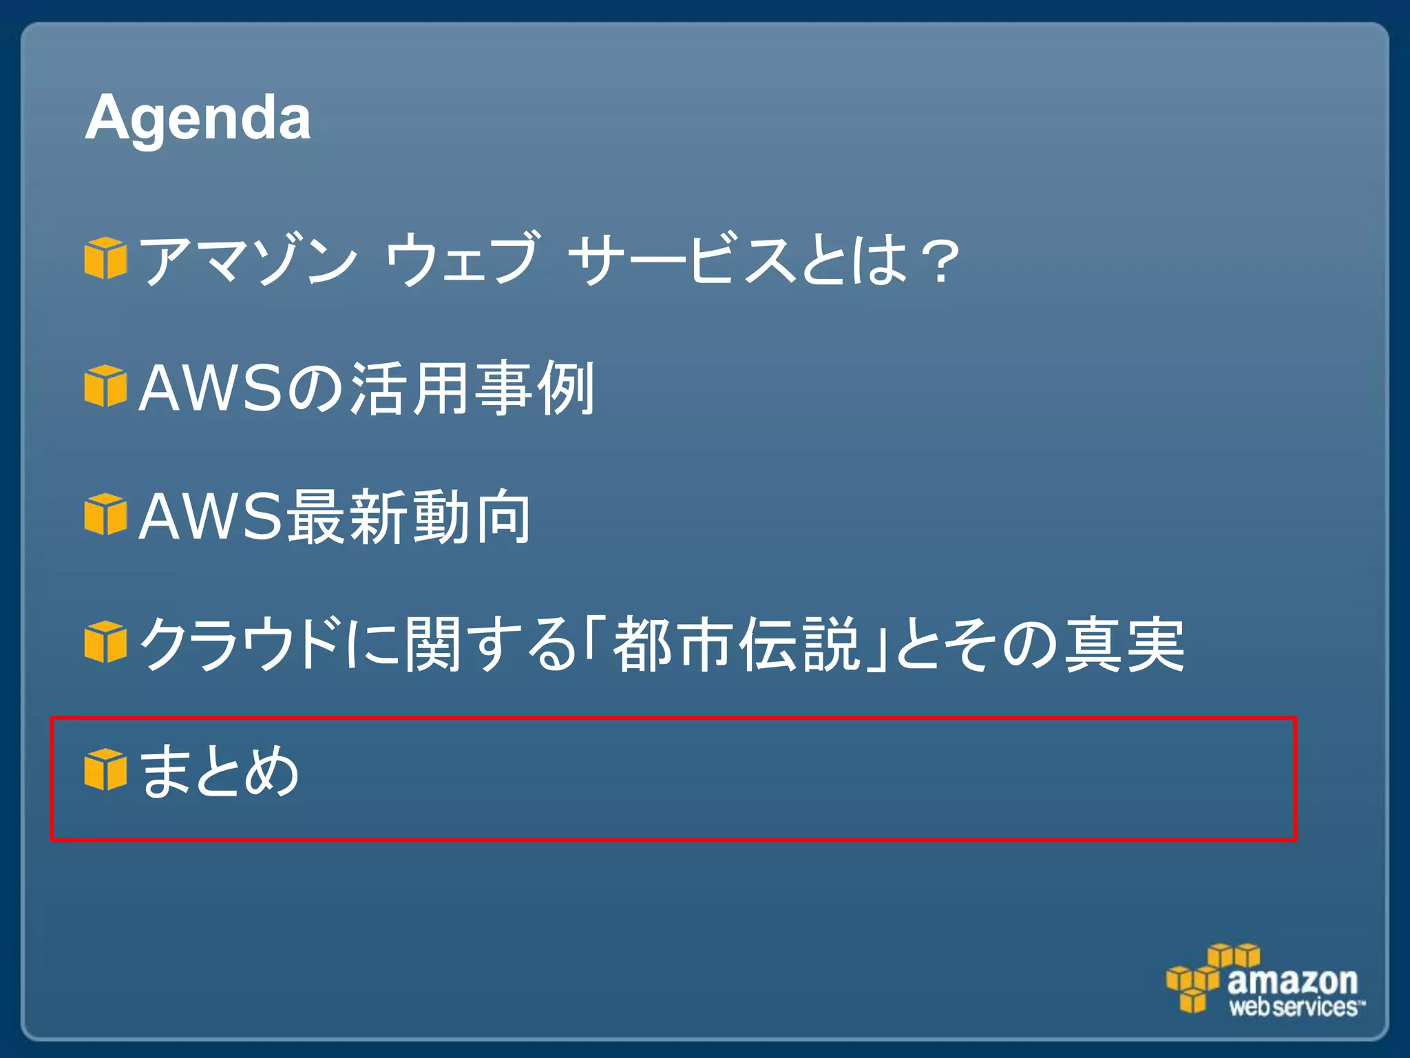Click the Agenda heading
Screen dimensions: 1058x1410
pos(198,118)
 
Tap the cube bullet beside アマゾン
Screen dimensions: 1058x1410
pos(105,258)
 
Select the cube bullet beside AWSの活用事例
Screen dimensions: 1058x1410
pos(105,387)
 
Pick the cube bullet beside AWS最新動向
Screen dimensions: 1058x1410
pos(105,515)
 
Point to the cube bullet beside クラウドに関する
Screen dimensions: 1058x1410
pos(105,642)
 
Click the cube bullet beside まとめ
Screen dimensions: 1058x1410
pos(105,770)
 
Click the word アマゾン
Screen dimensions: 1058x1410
pos(248,260)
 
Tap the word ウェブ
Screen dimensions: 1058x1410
pos(462,260)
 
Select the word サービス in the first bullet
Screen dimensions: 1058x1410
pos(682,260)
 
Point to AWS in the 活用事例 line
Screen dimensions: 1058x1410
pos(211,388)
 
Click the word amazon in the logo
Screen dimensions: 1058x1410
pos(1292,980)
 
